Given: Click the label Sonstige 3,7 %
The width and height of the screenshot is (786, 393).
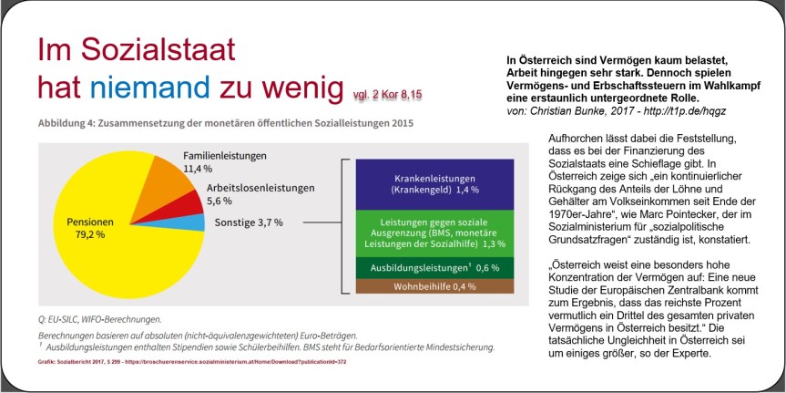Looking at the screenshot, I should (249, 221).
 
